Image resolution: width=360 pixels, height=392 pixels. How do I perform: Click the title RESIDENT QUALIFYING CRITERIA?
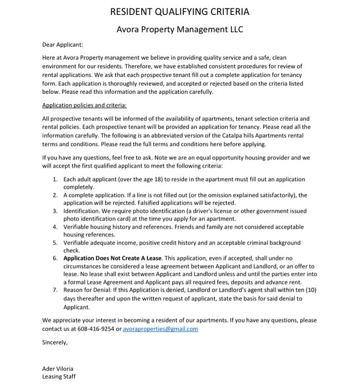(x=180, y=11)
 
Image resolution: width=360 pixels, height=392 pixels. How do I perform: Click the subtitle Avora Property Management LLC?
(x=180, y=29)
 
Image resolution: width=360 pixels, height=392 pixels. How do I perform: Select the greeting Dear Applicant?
(x=62, y=45)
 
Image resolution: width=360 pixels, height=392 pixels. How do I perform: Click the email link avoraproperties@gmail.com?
(x=161, y=329)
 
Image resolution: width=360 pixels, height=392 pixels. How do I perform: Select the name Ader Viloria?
(x=58, y=369)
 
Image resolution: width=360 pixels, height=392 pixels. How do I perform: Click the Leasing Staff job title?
(x=59, y=376)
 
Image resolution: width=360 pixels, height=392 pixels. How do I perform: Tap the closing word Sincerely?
(x=55, y=342)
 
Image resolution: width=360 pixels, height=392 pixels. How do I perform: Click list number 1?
(x=55, y=180)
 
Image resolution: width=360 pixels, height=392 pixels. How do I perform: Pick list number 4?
(x=55, y=227)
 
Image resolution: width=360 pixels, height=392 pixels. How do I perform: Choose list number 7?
(x=55, y=290)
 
